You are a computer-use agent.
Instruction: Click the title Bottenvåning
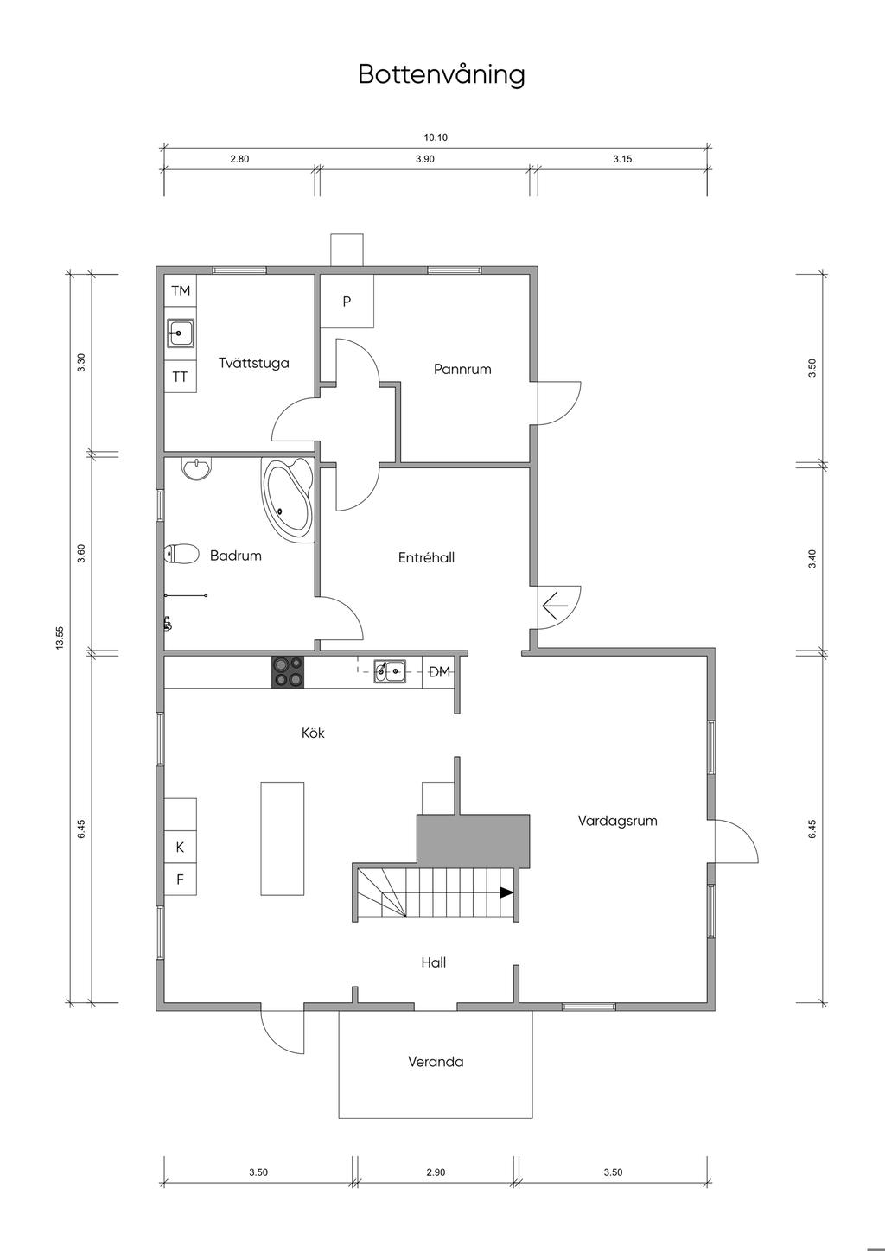click(x=442, y=74)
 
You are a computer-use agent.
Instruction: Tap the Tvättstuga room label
click(x=253, y=363)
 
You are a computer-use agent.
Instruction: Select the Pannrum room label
click(x=462, y=369)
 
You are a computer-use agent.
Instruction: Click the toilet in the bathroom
click(x=182, y=554)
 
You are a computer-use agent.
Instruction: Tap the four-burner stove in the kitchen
click(x=288, y=672)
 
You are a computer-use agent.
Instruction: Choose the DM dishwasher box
click(x=439, y=672)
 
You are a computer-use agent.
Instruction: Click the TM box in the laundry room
click(x=181, y=290)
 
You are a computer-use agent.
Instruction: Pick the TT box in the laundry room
click(x=181, y=377)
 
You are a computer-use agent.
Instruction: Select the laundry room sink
click(x=181, y=333)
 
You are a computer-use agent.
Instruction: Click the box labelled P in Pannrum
click(x=347, y=301)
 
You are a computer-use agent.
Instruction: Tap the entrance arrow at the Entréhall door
click(x=555, y=606)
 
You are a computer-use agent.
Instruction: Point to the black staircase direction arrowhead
click(x=506, y=892)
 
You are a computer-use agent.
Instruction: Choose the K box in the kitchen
click(x=180, y=848)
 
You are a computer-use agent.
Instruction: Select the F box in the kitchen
click(x=180, y=880)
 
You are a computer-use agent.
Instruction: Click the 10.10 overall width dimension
click(x=436, y=137)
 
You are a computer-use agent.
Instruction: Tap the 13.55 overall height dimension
click(x=60, y=638)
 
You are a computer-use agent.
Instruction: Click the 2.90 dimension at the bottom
click(x=436, y=1172)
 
